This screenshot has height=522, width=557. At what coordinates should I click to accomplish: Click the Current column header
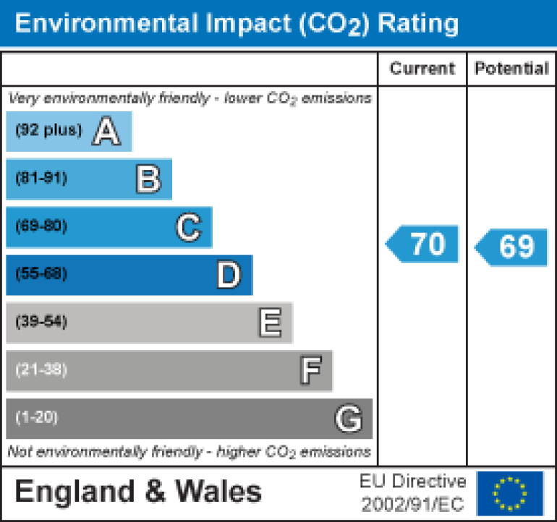coord(422,69)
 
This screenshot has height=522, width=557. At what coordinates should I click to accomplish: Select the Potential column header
coord(511,69)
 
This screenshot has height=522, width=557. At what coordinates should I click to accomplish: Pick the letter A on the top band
coord(106,132)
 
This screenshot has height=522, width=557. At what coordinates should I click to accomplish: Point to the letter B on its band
coord(148,179)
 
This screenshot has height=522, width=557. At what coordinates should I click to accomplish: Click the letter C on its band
coord(188,228)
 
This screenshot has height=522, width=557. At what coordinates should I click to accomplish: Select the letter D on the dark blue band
coord(229,275)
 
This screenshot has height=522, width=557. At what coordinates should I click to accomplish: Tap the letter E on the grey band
coord(270,323)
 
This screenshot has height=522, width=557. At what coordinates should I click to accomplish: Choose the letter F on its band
coord(310,371)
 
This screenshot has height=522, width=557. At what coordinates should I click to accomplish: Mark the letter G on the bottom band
coord(348,419)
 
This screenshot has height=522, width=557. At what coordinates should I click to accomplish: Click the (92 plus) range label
coord(48,131)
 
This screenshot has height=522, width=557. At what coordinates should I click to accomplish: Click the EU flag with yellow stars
coord(510,492)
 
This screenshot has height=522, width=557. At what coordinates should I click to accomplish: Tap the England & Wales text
coord(138,492)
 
